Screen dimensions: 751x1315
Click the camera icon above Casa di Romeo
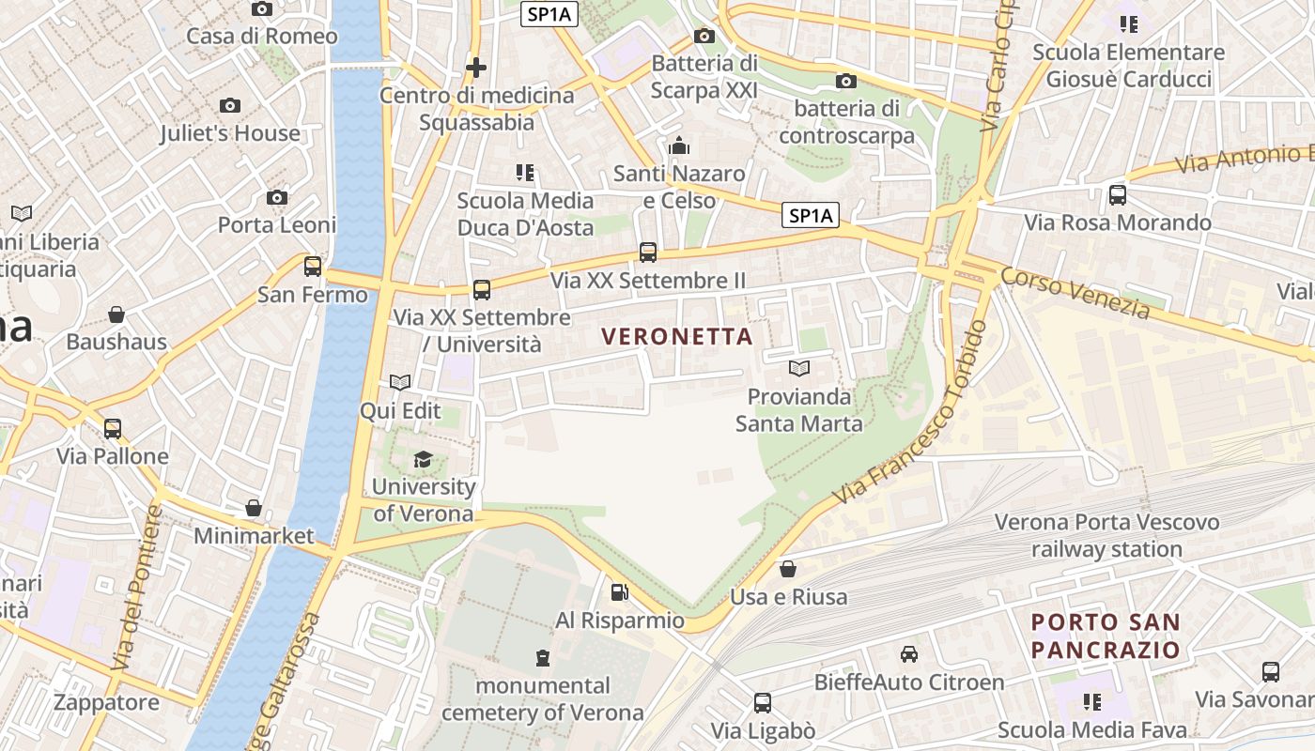(x=262, y=9)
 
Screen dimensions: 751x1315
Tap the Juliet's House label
(x=230, y=133)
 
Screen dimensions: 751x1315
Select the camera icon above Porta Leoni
(x=276, y=198)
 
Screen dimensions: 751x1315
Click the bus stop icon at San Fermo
(x=313, y=267)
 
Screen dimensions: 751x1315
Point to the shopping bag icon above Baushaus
(x=116, y=314)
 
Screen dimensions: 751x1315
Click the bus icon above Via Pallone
(x=113, y=429)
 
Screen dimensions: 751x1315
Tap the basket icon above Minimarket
(x=254, y=509)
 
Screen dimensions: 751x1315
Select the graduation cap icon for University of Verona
(x=424, y=460)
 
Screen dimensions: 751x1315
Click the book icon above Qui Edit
(x=400, y=383)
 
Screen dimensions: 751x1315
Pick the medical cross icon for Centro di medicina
(x=476, y=68)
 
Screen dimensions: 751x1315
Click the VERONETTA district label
(x=677, y=336)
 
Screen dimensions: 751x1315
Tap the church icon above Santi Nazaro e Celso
(x=679, y=146)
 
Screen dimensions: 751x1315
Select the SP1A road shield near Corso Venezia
(x=811, y=216)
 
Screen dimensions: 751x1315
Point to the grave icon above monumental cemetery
(x=543, y=657)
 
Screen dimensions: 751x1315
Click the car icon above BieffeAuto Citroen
(x=909, y=654)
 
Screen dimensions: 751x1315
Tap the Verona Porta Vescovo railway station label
(x=1106, y=535)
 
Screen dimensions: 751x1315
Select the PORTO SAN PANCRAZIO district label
(x=1106, y=636)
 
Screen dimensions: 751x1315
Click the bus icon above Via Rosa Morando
(x=1118, y=195)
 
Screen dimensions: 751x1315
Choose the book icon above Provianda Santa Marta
(x=799, y=369)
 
